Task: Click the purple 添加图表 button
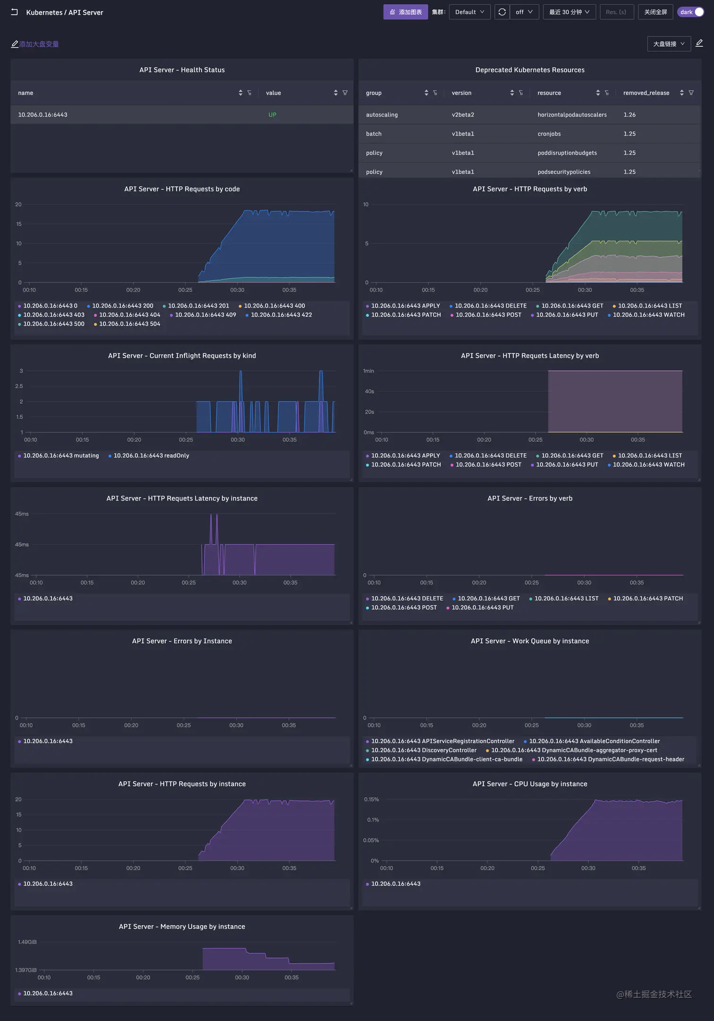point(405,12)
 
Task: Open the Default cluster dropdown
point(469,12)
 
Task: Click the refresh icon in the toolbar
point(502,12)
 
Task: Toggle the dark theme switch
point(691,12)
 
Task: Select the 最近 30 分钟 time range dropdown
point(569,12)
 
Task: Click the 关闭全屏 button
point(655,12)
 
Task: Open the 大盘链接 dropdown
point(669,44)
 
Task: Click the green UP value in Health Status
point(272,115)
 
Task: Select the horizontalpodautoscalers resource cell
point(572,115)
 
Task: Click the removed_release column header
point(646,93)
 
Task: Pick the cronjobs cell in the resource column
point(549,134)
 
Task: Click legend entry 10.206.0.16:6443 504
point(129,324)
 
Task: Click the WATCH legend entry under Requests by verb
point(648,315)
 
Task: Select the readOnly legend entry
point(151,455)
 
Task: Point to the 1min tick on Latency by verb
point(368,371)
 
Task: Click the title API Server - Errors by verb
point(530,498)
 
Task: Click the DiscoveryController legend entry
point(424,750)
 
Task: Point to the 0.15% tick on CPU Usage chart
point(371,799)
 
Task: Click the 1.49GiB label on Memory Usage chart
point(27,942)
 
